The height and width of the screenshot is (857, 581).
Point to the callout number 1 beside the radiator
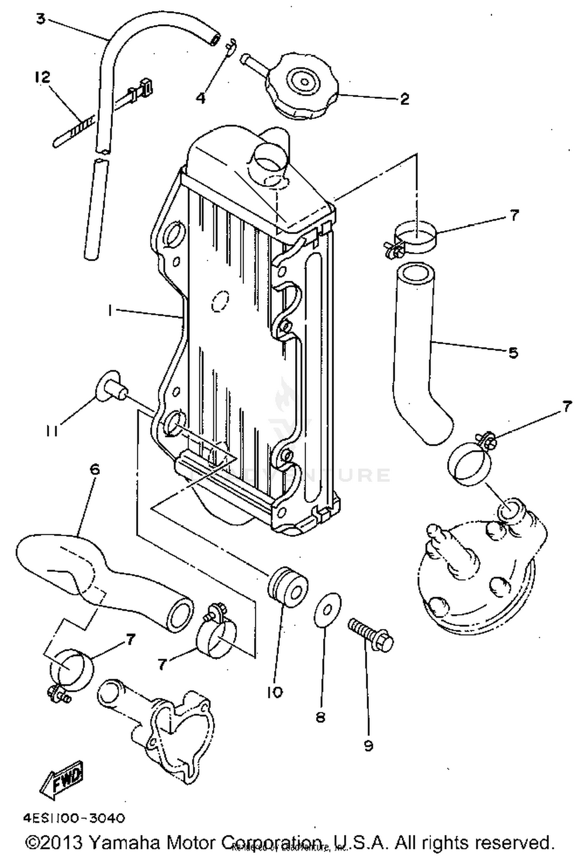[x=110, y=310]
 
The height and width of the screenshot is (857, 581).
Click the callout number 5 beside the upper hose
[x=512, y=352]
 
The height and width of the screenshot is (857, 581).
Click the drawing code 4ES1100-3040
[x=74, y=818]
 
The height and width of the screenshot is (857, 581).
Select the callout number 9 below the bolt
[x=368, y=745]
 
